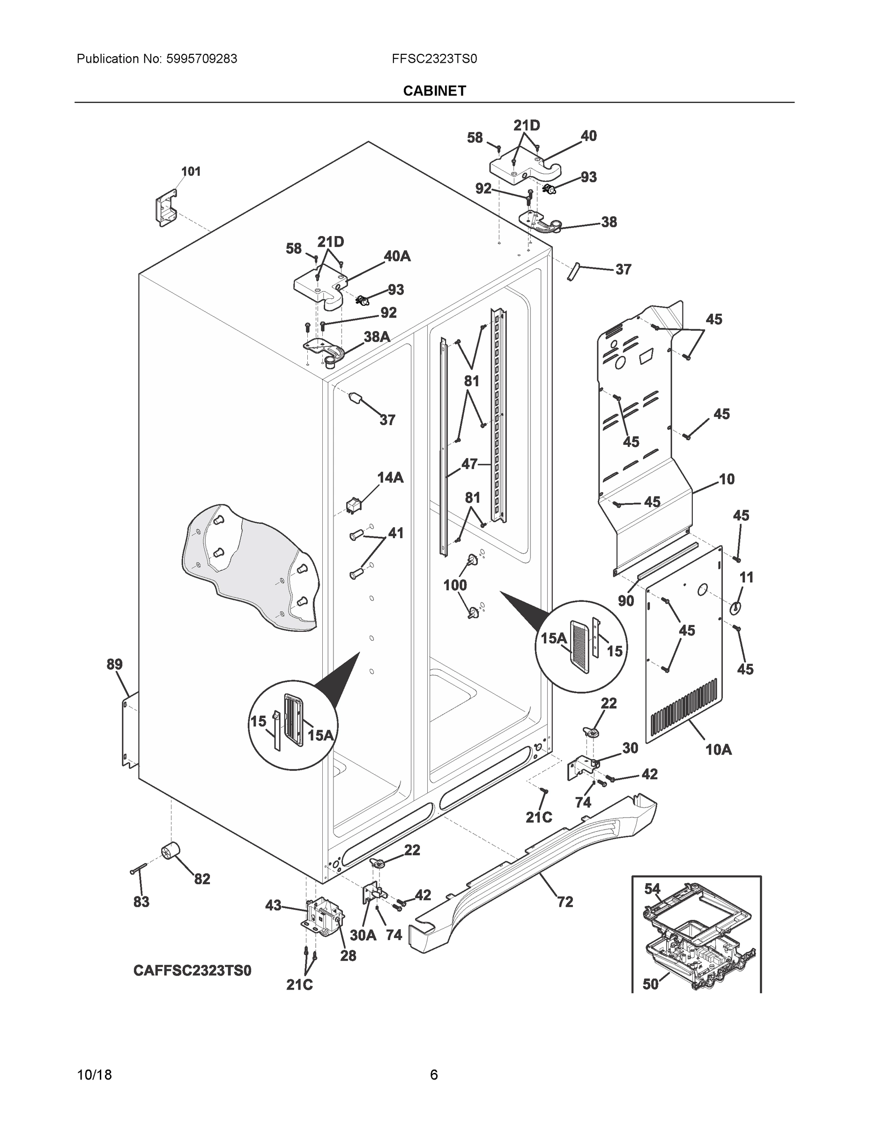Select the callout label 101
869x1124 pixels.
[191, 171]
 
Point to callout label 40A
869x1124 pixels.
[396, 256]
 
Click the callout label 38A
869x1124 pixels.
[376, 337]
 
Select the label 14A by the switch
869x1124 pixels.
[390, 478]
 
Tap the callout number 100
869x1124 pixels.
[455, 584]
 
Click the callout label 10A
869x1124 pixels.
[718, 750]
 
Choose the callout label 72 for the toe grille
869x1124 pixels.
[565, 902]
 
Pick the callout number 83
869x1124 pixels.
[141, 902]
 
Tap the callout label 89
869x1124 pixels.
[114, 665]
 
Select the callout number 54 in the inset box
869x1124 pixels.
[652, 889]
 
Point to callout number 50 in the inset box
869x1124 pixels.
[650, 984]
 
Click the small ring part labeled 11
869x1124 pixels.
[735, 608]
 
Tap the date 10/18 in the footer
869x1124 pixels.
[94, 1075]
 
